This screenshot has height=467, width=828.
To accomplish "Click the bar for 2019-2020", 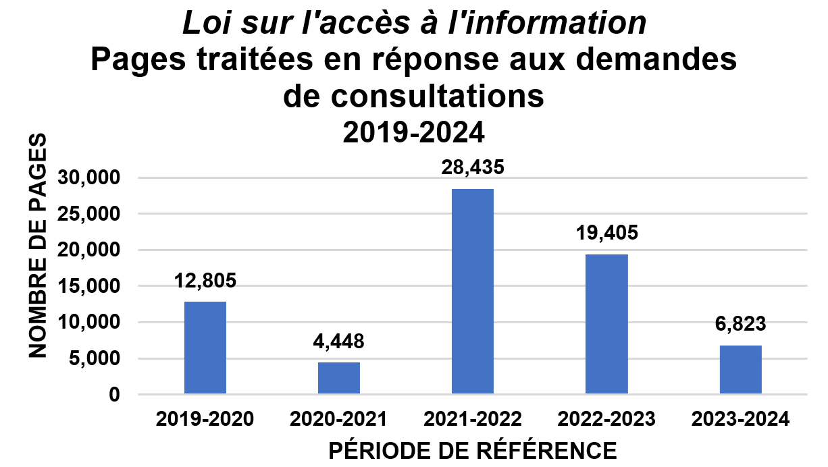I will point(205,348).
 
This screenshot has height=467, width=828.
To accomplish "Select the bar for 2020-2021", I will point(339,378).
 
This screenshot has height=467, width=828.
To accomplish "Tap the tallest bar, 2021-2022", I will point(473,291).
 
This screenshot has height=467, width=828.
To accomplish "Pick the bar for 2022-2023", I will point(606,324).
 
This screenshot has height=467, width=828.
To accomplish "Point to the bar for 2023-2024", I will point(741,369).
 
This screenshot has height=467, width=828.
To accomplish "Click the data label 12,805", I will point(205,281).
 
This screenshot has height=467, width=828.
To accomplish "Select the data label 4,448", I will point(339,341).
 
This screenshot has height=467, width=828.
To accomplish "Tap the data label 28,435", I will point(473,168).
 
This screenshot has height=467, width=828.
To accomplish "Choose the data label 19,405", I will point(606,233).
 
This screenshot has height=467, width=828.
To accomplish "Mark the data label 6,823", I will point(741,324).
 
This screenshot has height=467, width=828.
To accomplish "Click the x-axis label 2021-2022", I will point(473,419).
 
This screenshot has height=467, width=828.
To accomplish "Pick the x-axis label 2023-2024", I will point(741,419).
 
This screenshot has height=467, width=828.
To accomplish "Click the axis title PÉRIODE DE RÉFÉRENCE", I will point(471,450).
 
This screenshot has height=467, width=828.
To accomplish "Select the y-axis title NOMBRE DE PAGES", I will point(38,246).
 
